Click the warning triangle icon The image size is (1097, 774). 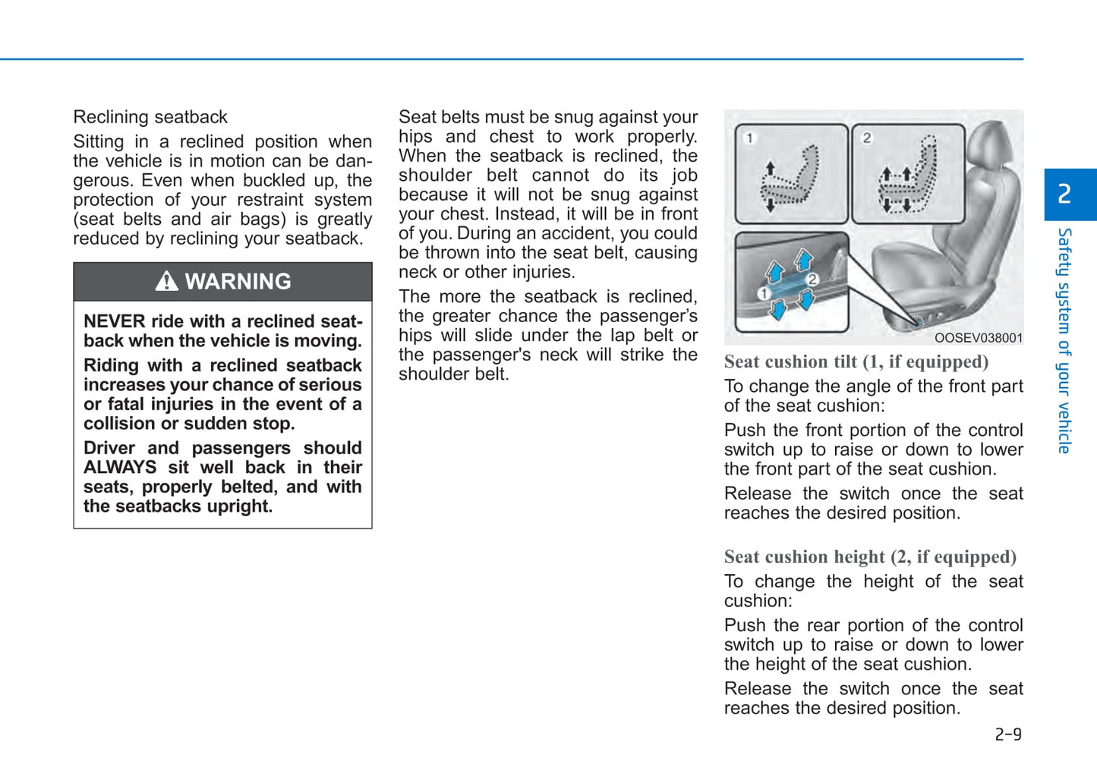coord(166,282)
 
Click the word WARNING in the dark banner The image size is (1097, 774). coord(238,282)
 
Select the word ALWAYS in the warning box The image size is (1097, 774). coord(120,467)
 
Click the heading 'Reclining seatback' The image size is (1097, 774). coord(150,117)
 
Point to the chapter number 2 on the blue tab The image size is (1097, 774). coord(1064,194)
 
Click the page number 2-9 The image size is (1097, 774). coord(1007,734)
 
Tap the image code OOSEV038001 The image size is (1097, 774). coord(978,338)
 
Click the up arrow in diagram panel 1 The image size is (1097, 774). coord(770,168)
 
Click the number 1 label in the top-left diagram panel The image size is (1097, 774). coord(749,138)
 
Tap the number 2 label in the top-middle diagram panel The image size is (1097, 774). coord(866,137)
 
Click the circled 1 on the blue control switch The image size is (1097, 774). coord(764,293)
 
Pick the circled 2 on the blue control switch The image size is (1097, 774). coord(812,280)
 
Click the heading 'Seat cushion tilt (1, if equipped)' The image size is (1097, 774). coord(856,362)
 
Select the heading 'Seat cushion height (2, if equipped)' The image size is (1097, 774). coord(869,557)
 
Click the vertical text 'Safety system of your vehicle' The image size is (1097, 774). coord(1064,340)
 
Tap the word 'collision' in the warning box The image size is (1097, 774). coord(117,423)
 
